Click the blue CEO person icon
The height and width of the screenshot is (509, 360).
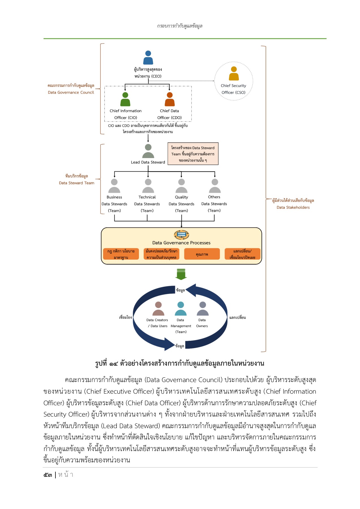(148, 58)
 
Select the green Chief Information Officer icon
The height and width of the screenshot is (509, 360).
(125, 99)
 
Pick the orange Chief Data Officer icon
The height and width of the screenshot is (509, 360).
(170, 99)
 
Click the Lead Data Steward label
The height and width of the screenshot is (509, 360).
(148, 162)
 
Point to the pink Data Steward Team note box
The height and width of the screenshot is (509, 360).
(193, 154)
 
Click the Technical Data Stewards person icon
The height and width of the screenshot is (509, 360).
(148, 186)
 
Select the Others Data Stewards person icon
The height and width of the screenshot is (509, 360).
(215, 186)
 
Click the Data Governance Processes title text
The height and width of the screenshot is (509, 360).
(181, 243)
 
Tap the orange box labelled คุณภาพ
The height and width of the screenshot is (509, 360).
(202, 254)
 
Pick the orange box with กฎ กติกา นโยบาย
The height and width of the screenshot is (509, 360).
(121, 254)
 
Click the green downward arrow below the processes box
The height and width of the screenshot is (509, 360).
(181, 274)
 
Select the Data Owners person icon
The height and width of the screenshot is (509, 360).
(202, 309)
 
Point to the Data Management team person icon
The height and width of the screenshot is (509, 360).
(180, 309)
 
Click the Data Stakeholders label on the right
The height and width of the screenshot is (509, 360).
(293, 207)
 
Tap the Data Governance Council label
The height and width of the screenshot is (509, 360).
(71, 92)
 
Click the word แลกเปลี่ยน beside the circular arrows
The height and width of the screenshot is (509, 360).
(238, 317)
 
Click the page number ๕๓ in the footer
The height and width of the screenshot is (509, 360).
(48, 475)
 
